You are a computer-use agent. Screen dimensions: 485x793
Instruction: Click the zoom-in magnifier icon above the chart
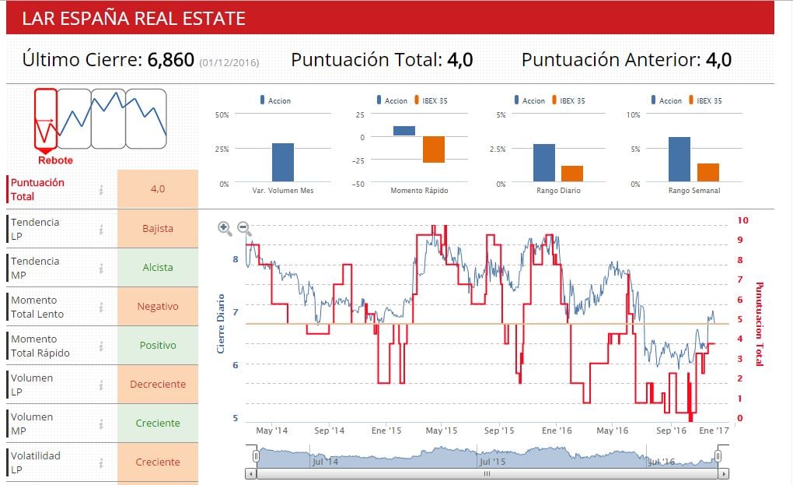click(x=225, y=228)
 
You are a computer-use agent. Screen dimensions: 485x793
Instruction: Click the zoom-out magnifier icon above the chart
click(x=244, y=228)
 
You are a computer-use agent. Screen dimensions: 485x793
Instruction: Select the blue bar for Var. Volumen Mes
click(x=283, y=162)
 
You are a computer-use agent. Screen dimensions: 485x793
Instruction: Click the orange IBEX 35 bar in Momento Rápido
click(x=434, y=149)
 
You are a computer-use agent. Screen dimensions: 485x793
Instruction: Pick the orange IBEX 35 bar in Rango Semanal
click(x=707, y=172)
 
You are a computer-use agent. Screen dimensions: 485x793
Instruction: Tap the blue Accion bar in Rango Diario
click(x=544, y=163)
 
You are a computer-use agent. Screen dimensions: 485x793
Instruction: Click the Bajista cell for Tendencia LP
click(x=158, y=229)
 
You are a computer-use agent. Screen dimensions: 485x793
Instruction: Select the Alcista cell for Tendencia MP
click(x=158, y=268)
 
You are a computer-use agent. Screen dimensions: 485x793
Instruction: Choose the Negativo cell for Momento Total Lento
click(x=158, y=307)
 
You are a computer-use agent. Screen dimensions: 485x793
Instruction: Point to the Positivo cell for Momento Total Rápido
click(x=158, y=346)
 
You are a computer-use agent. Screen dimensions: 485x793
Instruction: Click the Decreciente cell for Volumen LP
click(x=158, y=385)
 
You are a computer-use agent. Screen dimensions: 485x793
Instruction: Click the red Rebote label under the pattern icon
click(x=55, y=160)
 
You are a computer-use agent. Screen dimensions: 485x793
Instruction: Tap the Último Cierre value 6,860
click(x=170, y=60)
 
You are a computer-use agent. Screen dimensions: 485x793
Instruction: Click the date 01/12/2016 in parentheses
click(x=229, y=62)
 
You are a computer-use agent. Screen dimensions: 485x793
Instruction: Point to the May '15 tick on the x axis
click(x=441, y=431)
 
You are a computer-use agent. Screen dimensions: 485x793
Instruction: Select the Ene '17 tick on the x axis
click(x=714, y=431)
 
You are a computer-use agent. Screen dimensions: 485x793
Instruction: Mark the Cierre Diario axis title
click(x=221, y=323)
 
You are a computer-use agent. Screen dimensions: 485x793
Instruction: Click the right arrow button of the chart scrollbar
click(x=724, y=473)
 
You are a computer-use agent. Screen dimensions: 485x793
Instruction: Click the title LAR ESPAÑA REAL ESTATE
click(x=134, y=19)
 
